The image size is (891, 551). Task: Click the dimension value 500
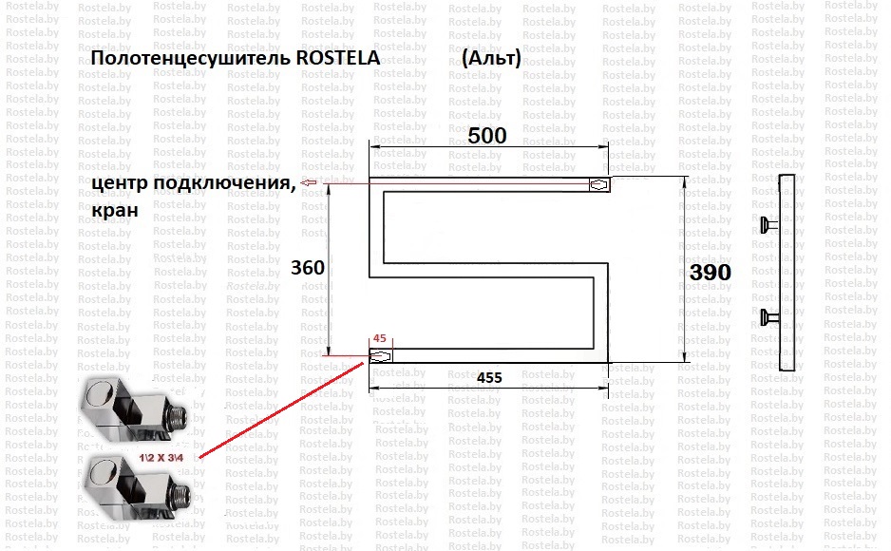pyautogui.click(x=487, y=136)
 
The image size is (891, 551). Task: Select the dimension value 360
pyautogui.click(x=308, y=268)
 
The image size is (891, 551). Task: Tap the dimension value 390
pyautogui.click(x=711, y=273)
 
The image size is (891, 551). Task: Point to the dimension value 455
pyautogui.click(x=489, y=378)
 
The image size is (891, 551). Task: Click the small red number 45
pyautogui.click(x=380, y=338)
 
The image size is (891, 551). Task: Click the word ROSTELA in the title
pyautogui.click(x=338, y=58)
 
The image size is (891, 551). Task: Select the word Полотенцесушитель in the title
pyautogui.click(x=190, y=59)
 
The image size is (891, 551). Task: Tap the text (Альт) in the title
pyautogui.click(x=491, y=58)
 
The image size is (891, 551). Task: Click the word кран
pyautogui.click(x=115, y=210)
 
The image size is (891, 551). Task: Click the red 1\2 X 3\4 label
pyautogui.click(x=161, y=457)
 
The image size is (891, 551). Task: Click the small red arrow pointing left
pyautogui.click(x=308, y=182)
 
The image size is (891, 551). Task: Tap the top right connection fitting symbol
pyautogui.click(x=599, y=185)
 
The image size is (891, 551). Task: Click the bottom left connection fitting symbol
pyautogui.click(x=380, y=356)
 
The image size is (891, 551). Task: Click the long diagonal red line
pyautogui.click(x=281, y=409)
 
